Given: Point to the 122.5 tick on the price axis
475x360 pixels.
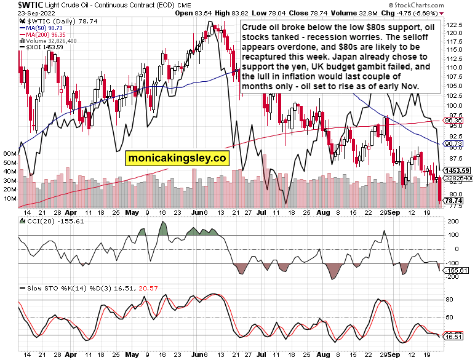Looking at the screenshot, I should pos(455,25).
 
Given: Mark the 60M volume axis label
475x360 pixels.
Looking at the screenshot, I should pos(9,153).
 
